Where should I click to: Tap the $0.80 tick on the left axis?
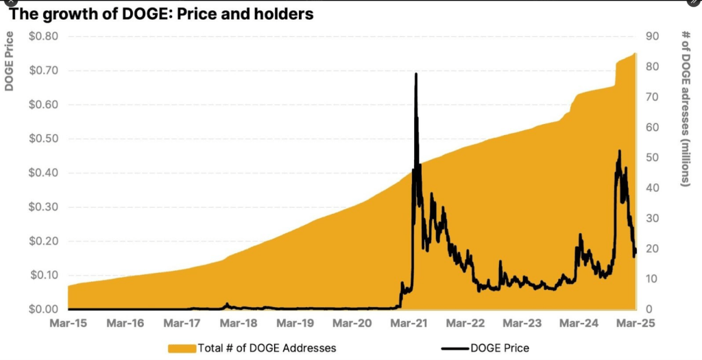pos(43,36)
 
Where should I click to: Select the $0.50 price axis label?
pos(43,139)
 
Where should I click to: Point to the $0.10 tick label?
pos(43,275)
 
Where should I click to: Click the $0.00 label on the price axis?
pos(43,309)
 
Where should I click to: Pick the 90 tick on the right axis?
pos(653,36)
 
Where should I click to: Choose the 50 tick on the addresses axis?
pos(653,158)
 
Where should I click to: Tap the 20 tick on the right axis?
pos(653,249)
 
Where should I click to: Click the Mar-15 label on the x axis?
pos(69,323)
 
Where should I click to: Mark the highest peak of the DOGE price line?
pos(416,73)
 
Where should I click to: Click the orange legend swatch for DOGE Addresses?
pos(181,348)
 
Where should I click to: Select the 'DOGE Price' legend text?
pos(500,348)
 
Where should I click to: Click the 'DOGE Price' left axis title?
pos(10,62)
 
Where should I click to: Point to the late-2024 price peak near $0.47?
pos(619,151)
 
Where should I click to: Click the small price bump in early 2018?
pos(227,304)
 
